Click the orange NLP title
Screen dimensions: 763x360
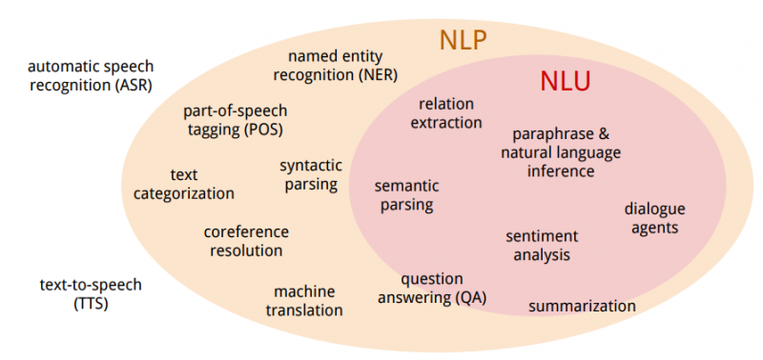click(x=463, y=40)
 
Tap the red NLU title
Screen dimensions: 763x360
click(x=565, y=82)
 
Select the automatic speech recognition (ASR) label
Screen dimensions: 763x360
click(x=91, y=76)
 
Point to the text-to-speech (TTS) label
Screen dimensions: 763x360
click(x=91, y=294)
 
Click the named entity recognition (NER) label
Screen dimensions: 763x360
click(x=336, y=66)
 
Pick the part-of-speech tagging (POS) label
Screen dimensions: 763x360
click(x=235, y=121)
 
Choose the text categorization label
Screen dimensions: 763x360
click(x=184, y=184)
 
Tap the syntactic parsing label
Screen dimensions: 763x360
click(x=311, y=175)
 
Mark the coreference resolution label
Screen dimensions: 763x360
click(x=246, y=241)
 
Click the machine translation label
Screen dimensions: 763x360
click(x=304, y=301)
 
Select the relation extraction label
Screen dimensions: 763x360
click(x=446, y=113)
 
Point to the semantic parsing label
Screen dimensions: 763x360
click(x=407, y=195)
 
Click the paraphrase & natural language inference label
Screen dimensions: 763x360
click(x=561, y=152)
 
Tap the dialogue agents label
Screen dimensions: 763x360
click(x=655, y=218)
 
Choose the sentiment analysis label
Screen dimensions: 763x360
click(x=542, y=246)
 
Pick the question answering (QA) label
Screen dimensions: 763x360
click(x=432, y=289)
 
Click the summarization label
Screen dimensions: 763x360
click(x=582, y=307)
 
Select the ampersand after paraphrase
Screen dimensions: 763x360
click(x=603, y=133)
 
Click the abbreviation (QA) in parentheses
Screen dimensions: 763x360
click(x=470, y=298)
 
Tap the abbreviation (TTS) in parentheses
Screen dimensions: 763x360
click(x=91, y=304)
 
